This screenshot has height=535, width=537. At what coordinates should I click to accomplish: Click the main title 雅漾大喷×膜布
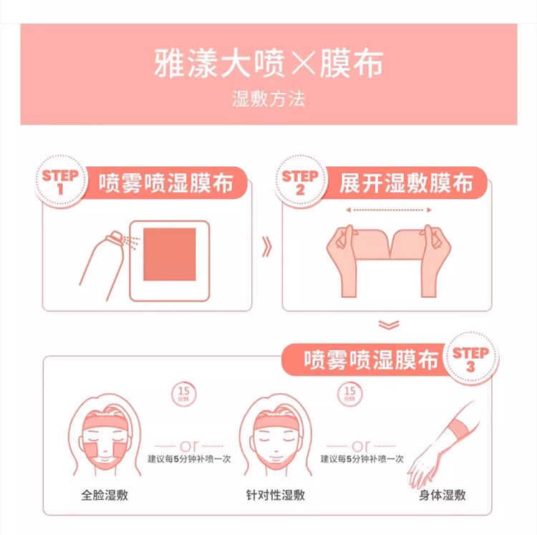coord(268,63)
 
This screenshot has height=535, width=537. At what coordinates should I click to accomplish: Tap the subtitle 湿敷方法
coord(268,99)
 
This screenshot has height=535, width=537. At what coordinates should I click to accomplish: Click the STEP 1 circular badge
coord(60,181)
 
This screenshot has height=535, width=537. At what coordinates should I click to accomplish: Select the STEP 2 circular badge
coord(300,181)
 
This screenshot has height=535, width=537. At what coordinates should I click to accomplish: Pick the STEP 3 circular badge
coord(470,358)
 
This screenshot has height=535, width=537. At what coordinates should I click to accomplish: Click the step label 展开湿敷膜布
coord(406,183)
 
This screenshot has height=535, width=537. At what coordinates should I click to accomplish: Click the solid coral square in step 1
coord(170,254)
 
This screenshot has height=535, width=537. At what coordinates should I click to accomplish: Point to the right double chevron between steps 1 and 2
coord(267,246)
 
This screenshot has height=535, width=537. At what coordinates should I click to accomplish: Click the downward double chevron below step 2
coord(389,324)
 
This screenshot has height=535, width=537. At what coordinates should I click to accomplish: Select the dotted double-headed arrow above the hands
coord(389,210)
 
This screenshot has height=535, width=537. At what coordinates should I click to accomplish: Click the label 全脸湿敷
coord(105,496)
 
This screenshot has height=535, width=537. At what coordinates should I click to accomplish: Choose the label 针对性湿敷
coord(276,496)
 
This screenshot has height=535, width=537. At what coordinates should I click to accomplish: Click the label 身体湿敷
coord(442,496)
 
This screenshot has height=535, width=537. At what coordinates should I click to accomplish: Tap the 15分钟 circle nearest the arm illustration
coord(349,394)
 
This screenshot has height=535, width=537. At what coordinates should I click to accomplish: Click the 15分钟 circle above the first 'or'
coord(183,394)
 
